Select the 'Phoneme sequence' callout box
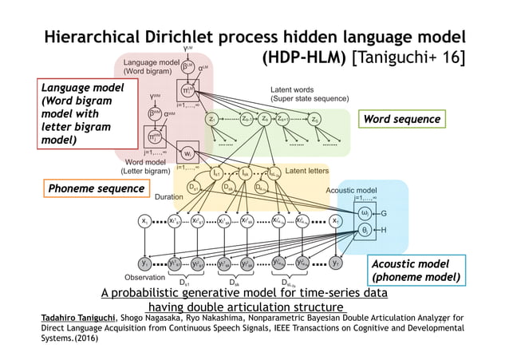pos(95,188)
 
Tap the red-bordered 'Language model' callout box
pos(74,113)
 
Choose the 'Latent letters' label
pos(309,171)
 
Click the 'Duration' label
pos(168,196)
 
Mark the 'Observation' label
pos(144,277)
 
